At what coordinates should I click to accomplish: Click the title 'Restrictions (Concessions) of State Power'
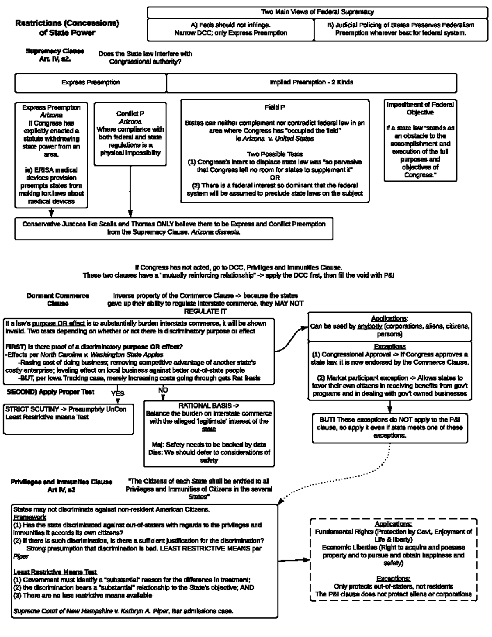tap(67, 28)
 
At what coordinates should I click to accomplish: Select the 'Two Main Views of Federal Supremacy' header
tap(317, 12)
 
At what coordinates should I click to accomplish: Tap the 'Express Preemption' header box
tap(91, 82)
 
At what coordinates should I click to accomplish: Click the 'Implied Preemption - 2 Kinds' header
tap(311, 82)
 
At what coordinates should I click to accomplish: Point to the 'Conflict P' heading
tap(130, 114)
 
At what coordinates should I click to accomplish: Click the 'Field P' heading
tap(275, 107)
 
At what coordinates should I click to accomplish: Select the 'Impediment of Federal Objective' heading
tap(420, 108)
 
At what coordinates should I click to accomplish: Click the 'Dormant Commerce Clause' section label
tap(58, 299)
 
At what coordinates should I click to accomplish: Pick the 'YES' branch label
tap(118, 393)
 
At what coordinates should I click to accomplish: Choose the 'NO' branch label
tap(163, 390)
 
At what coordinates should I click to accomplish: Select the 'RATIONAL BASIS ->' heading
tap(209, 405)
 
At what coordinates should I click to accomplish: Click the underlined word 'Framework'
tap(30, 517)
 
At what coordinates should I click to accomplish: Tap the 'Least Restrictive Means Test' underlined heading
tap(55, 572)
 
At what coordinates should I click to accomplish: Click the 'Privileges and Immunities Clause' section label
tap(61, 486)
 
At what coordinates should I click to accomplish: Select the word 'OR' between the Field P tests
tap(275, 178)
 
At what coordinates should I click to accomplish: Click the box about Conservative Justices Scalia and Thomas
tap(173, 228)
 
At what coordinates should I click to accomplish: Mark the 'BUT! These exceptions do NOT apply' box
tap(389, 427)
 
